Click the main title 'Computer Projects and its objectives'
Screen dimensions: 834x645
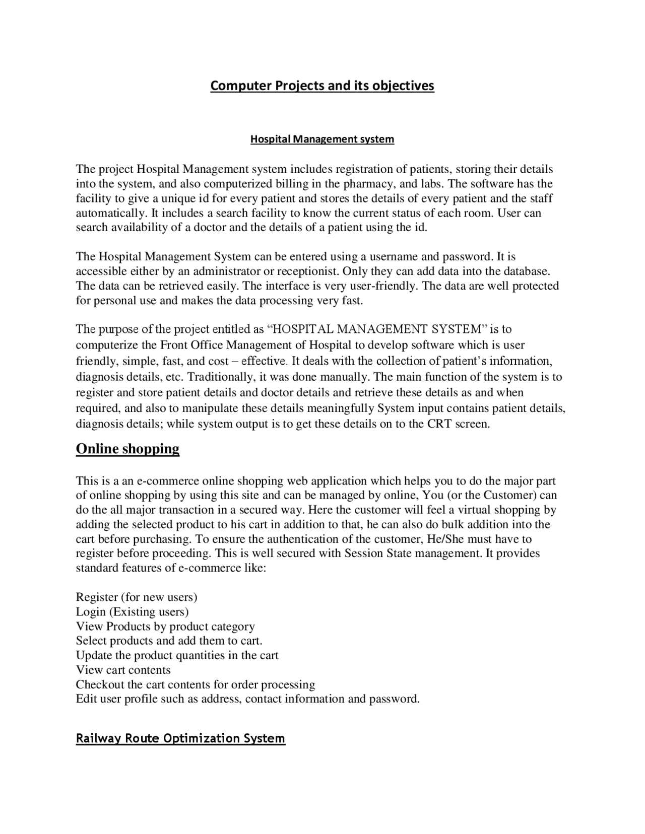point(322,86)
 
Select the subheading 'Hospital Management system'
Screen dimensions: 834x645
point(322,139)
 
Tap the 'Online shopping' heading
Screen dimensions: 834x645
point(127,449)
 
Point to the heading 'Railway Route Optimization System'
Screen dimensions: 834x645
point(180,738)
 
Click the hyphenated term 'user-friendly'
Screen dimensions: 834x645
point(381,286)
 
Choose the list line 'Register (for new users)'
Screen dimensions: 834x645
point(137,597)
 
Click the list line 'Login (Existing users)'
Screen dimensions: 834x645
point(132,612)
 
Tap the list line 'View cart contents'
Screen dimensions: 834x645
point(123,670)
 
